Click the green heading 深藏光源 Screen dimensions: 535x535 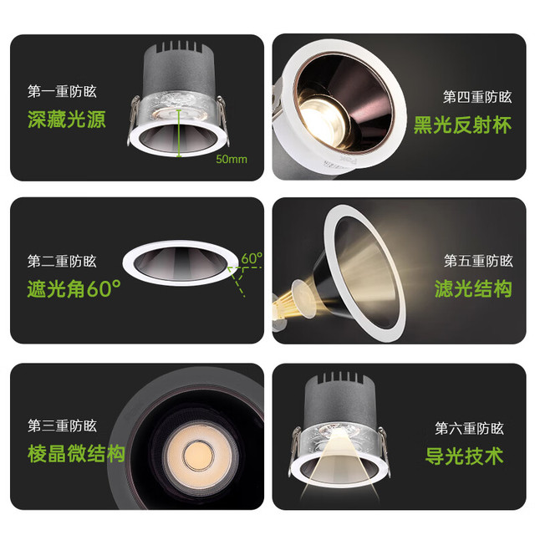pos(67,120)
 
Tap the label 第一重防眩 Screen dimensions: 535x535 pos(62,91)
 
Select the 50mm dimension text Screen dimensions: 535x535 pos(232,160)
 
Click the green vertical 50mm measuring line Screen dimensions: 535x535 pos(179,133)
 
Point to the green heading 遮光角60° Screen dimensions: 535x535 pos(74,288)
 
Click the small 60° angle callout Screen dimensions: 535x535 pos(252,258)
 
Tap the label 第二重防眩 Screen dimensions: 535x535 pos(62,262)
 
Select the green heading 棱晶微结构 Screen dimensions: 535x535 pos(76,453)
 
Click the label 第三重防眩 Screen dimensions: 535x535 pos(62,425)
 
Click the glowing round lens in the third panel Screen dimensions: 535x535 pos(199,456)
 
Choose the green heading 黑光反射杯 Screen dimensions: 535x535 pos(462,125)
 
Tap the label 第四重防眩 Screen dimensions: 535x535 pos(477,97)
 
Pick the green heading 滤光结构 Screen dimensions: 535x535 pos(473,288)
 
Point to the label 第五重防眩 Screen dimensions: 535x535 pos(478,261)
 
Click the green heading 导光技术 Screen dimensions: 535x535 pos(465,456)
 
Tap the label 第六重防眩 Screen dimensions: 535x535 pos(470,428)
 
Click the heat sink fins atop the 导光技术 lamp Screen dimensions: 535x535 pos(340,377)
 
